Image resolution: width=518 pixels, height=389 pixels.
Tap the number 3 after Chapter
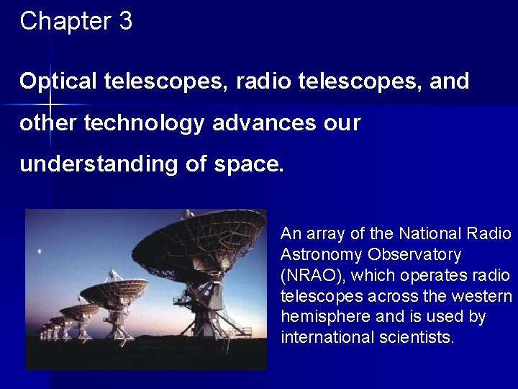point(125,22)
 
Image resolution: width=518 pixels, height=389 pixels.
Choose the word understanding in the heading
point(98,164)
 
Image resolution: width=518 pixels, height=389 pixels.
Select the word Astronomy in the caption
point(322,254)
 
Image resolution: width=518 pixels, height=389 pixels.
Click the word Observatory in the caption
point(414,254)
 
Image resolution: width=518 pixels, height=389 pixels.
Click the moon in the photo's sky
point(38,252)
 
